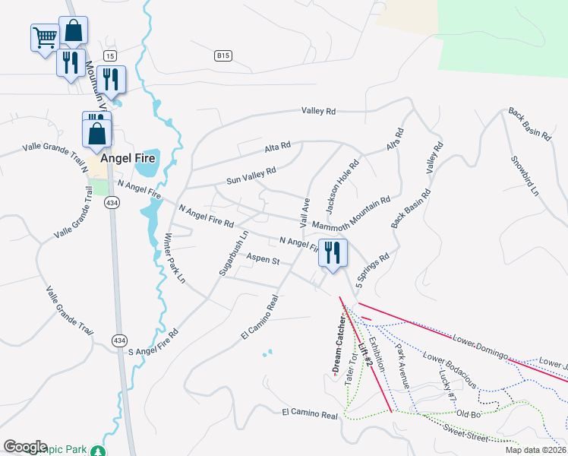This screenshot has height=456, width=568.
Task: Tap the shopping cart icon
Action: (x=45, y=36)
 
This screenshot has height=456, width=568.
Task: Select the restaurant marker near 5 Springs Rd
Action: (x=332, y=252)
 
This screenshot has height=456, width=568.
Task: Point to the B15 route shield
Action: (x=222, y=55)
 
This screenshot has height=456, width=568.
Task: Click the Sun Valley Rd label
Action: (x=251, y=176)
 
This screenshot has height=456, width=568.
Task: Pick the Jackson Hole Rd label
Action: (x=342, y=185)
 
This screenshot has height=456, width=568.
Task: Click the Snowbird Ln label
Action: (x=524, y=176)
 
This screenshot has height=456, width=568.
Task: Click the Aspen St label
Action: (x=263, y=260)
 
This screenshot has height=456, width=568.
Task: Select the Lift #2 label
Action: (x=366, y=355)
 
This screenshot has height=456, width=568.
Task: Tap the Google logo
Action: (x=25, y=447)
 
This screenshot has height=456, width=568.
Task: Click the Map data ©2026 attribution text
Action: (x=535, y=450)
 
